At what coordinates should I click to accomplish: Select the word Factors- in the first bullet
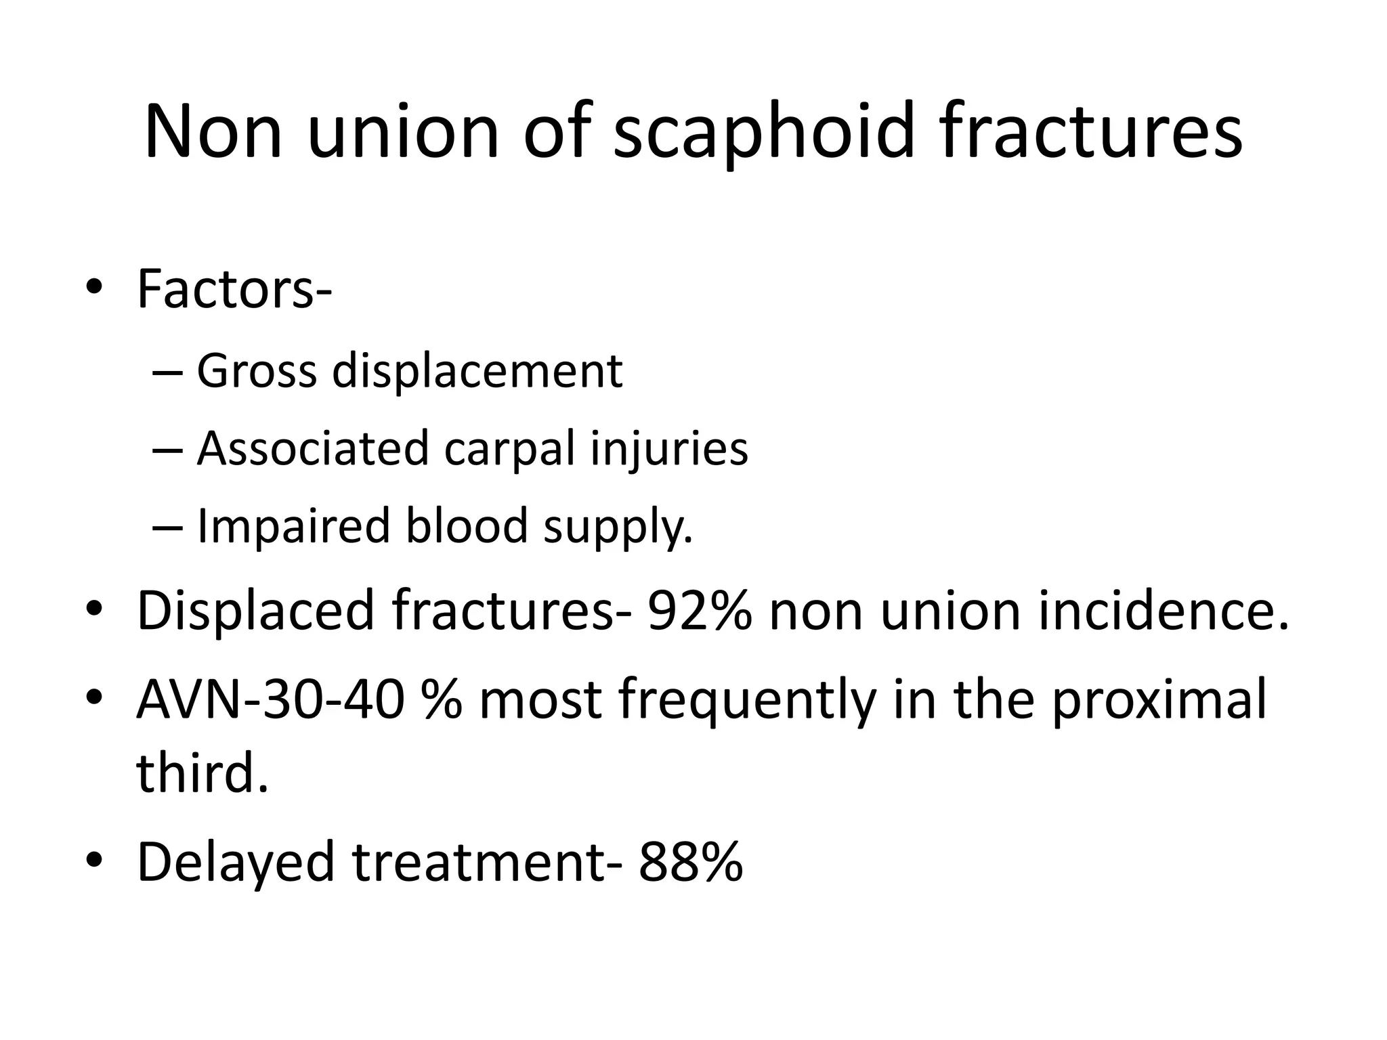234,290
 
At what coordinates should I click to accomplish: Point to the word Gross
257,372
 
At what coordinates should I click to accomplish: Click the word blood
467,525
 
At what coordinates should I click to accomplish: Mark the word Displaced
255,611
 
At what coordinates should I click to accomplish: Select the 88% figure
691,861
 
